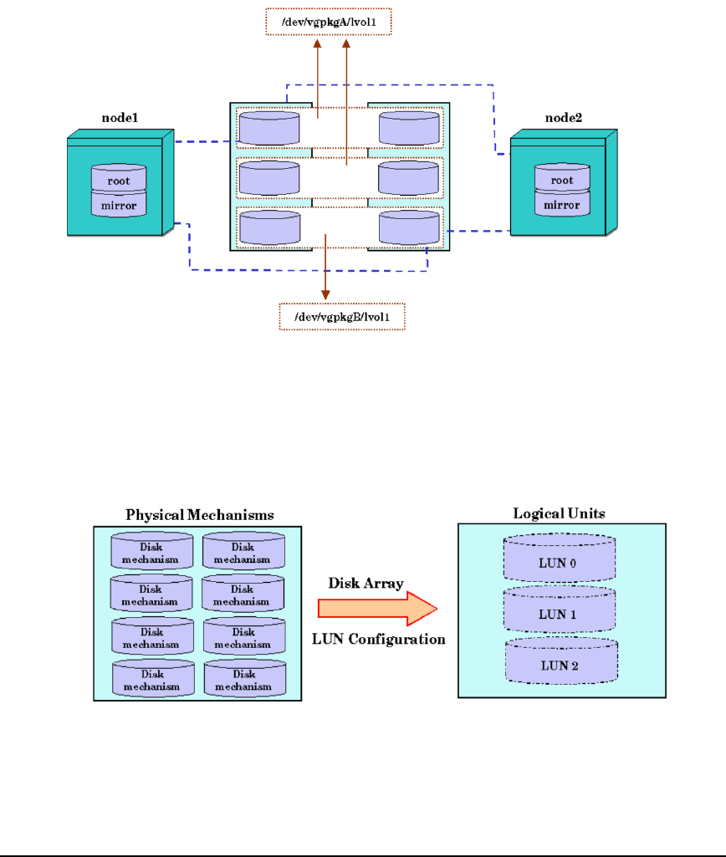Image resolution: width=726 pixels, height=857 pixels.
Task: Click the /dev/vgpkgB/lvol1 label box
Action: tap(341, 317)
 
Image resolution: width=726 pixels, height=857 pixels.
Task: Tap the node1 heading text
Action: tap(121, 120)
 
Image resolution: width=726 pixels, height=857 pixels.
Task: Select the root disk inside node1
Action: tap(119, 180)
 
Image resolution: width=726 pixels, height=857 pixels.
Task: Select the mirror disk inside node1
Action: tap(119, 204)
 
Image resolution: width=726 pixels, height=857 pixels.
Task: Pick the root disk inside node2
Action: tap(562, 181)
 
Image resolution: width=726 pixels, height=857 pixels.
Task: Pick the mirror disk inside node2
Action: tap(562, 204)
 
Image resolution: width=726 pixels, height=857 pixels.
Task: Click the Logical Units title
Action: tap(561, 512)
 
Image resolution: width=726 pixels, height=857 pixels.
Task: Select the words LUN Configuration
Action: tap(378, 640)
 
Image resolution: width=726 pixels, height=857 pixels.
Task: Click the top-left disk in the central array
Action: tap(268, 128)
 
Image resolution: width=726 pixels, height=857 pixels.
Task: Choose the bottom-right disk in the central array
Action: tap(408, 227)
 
